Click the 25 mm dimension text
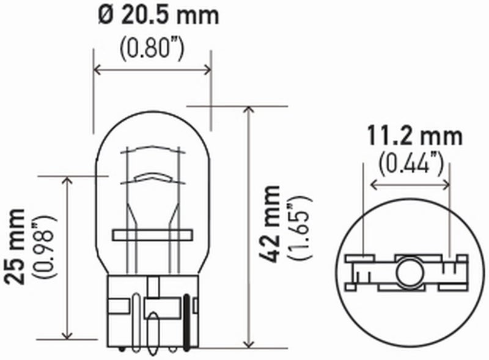tap(17, 246)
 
